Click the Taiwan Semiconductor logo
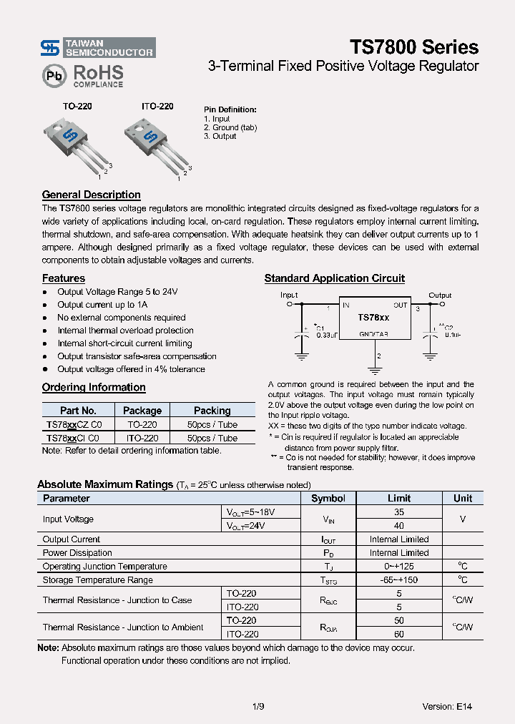pos(97,48)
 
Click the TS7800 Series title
pos(413,47)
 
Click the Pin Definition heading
pos(230,109)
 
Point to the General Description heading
pos(91,195)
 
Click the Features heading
pos(63,278)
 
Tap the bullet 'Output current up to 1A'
pos(102,305)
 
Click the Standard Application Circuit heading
pos(334,278)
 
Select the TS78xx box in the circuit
pos(373,318)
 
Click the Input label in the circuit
pos(289,295)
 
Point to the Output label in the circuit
pos(440,295)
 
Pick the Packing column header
pos(212,411)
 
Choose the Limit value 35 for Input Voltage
pos(399,512)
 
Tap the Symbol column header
pos(328,499)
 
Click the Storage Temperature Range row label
pos(97,580)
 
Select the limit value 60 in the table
pos(399,634)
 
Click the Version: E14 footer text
pos(447,706)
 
